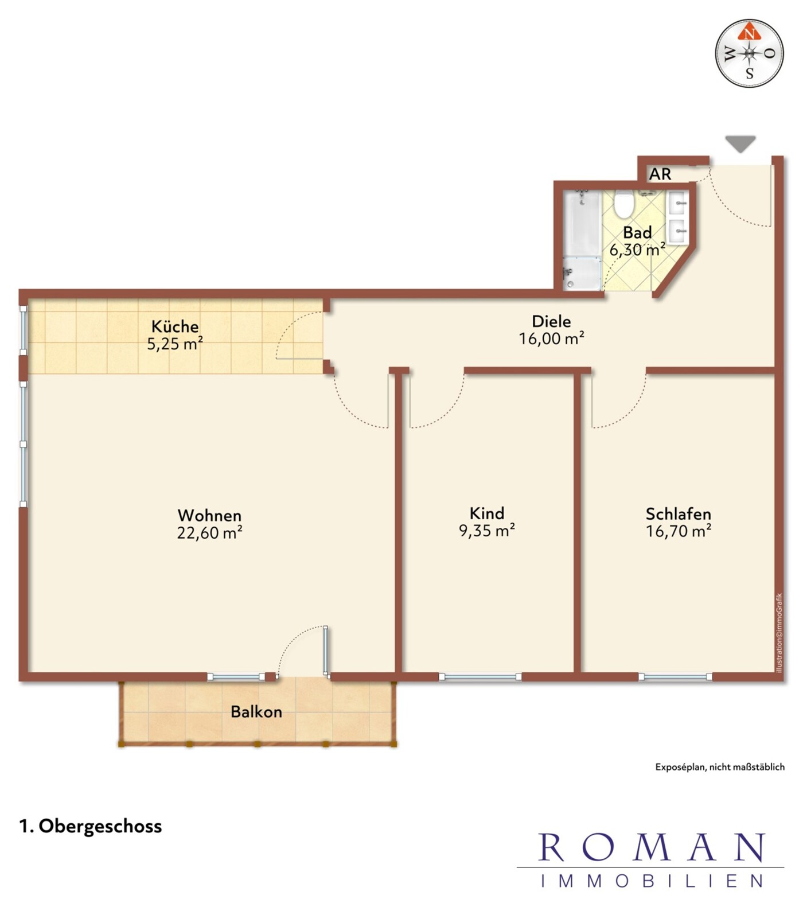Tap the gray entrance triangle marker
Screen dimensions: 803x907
pos(740,143)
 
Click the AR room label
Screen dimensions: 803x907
pos(660,174)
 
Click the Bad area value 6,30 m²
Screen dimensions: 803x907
pos(637,250)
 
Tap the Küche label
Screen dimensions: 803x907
pos(175,326)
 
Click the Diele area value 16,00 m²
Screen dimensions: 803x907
pos(552,338)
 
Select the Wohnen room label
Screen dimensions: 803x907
pos(209,515)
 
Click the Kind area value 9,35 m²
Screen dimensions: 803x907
pos(487,531)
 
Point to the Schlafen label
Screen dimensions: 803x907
pos(679,513)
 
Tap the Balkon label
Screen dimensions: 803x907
pos(256,712)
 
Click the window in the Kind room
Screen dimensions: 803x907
pos(480,677)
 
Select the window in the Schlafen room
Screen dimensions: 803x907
pos(675,677)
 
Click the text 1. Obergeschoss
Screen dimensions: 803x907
pos(91,826)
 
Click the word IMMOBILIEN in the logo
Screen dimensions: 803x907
pos(652,881)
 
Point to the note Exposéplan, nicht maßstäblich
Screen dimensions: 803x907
pos(720,767)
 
